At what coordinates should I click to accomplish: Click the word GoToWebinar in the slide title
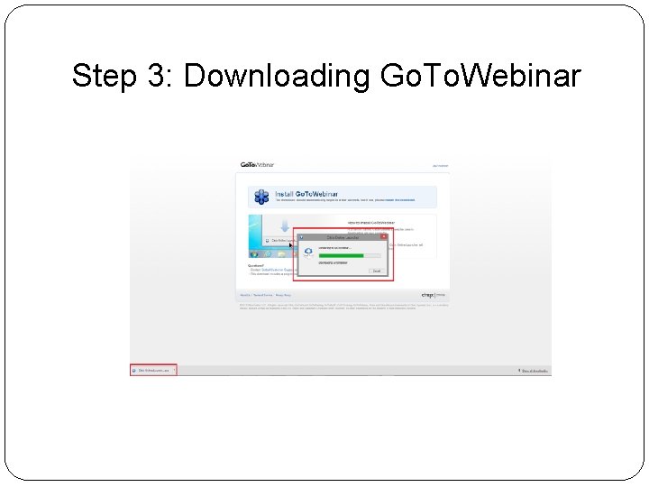pyautogui.click(x=481, y=77)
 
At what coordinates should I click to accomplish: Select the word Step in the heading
pyautogui.click(x=105, y=77)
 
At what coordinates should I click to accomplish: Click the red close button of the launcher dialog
pyautogui.click(x=382, y=237)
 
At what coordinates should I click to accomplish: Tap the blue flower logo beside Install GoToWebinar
pyautogui.click(x=261, y=197)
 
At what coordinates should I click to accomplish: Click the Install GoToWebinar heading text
pyautogui.click(x=302, y=193)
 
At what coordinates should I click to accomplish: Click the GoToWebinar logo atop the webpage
pyautogui.click(x=257, y=165)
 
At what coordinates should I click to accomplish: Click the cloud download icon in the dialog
pyautogui.click(x=309, y=253)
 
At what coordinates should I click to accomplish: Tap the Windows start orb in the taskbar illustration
pyautogui.click(x=254, y=254)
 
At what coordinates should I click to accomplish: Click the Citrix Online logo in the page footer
pyautogui.click(x=433, y=295)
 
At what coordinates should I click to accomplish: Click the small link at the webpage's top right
pyautogui.click(x=440, y=166)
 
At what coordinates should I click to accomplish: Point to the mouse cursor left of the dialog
pyautogui.click(x=291, y=244)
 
